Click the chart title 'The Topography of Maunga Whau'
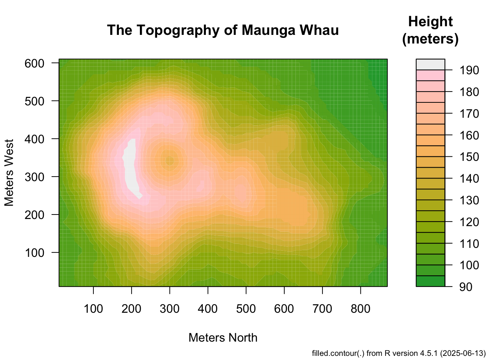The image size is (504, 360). (223, 30)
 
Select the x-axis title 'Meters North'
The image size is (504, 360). (223, 337)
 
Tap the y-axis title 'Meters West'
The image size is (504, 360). (9, 172)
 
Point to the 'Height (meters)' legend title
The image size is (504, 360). (430, 30)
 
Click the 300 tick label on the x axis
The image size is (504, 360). (169, 309)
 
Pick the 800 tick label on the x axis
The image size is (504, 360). (360, 309)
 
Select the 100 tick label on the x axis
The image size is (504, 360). (93, 309)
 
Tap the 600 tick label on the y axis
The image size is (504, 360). (34, 63)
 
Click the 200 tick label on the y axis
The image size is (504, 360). (34, 214)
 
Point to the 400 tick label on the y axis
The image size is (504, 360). (34, 139)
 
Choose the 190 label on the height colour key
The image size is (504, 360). (465, 70)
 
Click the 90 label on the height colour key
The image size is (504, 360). (465, 287)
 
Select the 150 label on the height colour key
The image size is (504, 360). (465, 157)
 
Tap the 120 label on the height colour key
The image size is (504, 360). (465, 222)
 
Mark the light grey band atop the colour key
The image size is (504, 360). (430, 64)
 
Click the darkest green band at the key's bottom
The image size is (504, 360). (430, 281)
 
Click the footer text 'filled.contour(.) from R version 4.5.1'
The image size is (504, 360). (399, 353)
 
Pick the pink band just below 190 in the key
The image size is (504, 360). (430, 75)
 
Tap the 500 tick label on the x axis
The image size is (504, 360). (246, 309)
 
